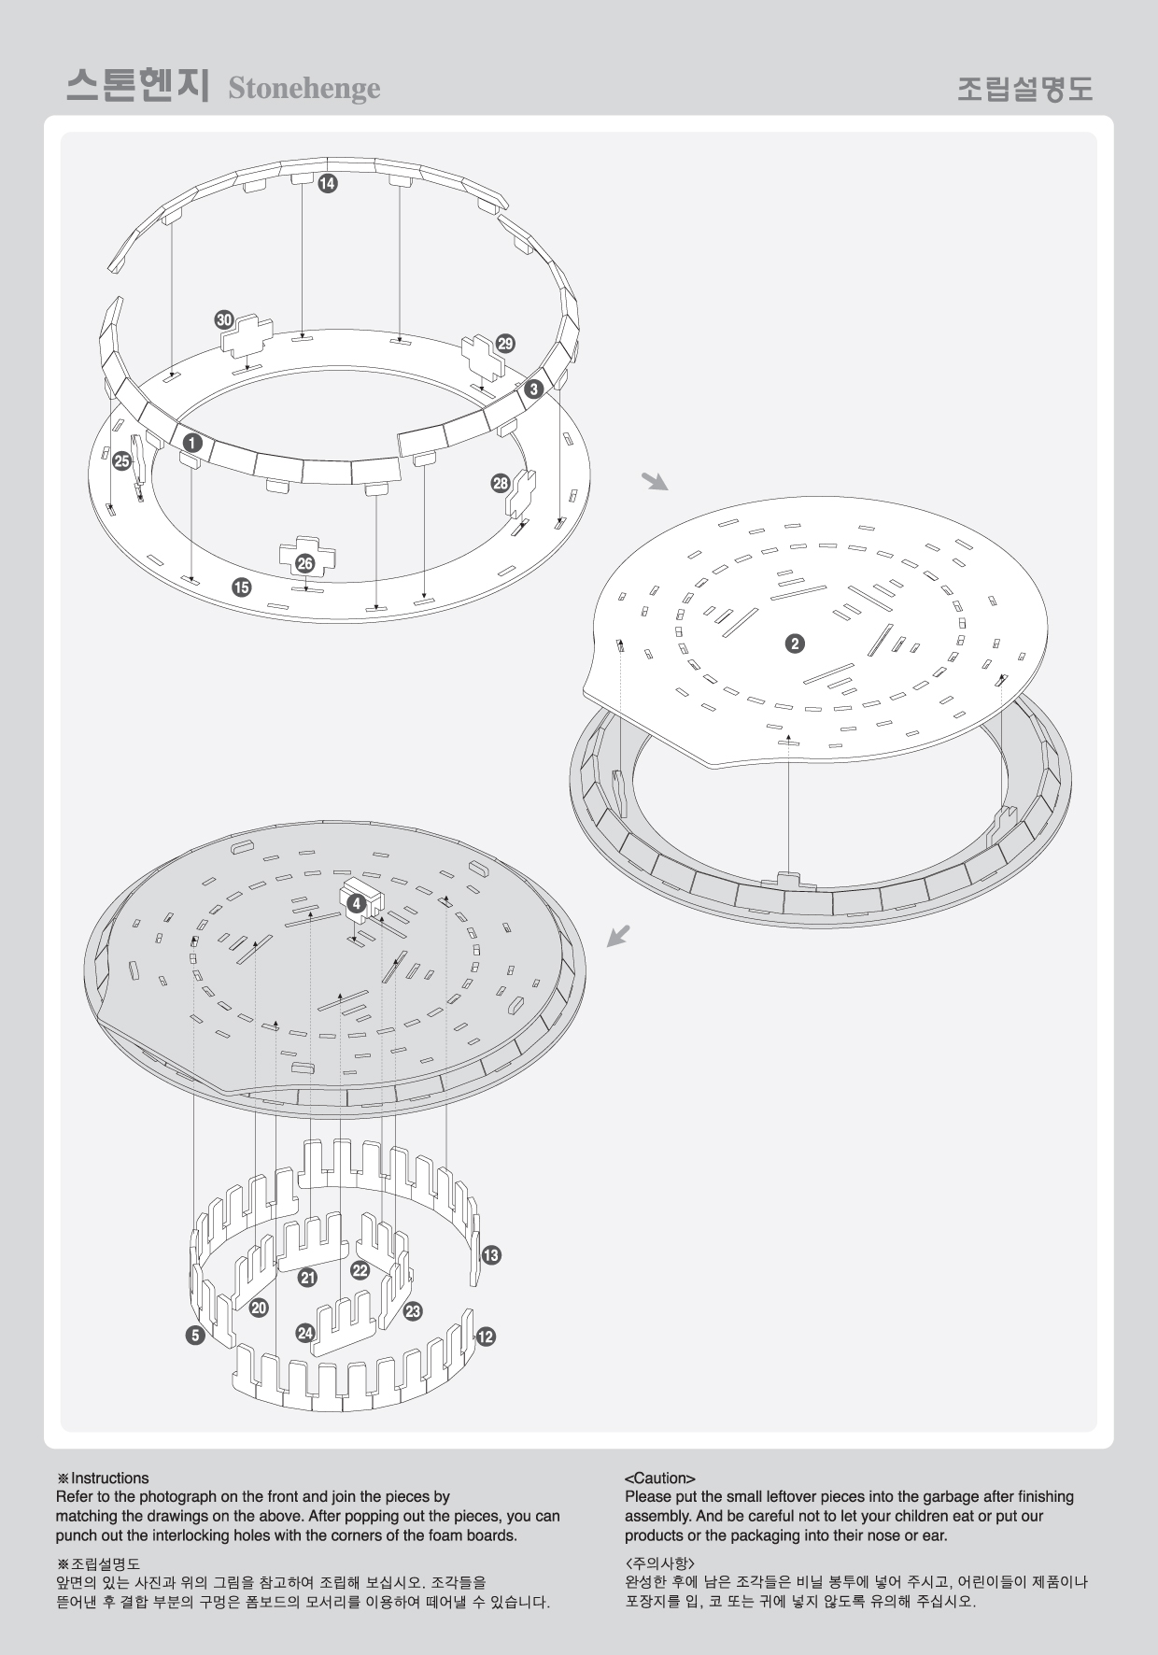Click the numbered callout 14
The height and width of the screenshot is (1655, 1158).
click(x=327, y=184)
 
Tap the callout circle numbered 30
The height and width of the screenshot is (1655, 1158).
click(x=224, y=319)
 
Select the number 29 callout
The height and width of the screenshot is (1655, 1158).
click(x=505, y=343)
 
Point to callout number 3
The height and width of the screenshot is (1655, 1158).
click(x=533, y=389)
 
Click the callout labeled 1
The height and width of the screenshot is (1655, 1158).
click(x=191, y=441)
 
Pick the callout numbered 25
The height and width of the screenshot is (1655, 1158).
click(x=121, y=460)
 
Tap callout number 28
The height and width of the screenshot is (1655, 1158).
click(x=501, y=483)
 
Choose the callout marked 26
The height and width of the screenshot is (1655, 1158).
click(x=304, y=563)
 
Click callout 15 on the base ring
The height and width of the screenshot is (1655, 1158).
click(x=242, y=587)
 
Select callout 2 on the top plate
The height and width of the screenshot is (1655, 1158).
click(x=794, y=644)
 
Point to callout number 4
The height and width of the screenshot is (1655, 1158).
click(x=356, y=903)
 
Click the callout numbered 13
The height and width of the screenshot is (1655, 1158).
click(x=491, y=1254)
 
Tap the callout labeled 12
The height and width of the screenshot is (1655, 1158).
click(x=486, y=1337)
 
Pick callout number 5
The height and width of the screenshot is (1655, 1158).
click(x=195, y=1336)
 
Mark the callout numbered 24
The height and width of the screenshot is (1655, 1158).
click(x=305, y=1333)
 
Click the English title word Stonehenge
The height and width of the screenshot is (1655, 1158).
click(x=304, y=88)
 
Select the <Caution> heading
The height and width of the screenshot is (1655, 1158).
click(x=659, y=1478)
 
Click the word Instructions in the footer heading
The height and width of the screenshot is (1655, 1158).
click(x=109, y=1478)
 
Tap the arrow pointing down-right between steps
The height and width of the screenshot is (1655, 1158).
click(x=655, y=481)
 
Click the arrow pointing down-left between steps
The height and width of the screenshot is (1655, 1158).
click(x=619, y=935)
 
